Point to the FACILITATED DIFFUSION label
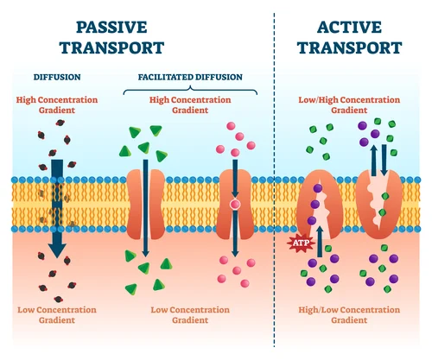click(x=190, y=76)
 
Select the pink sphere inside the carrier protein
click(x=234, y=205)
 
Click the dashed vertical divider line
click(x=275, y=173)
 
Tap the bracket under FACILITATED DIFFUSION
click(x=190, y=87)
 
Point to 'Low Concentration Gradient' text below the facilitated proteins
click(x=190, y=314)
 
